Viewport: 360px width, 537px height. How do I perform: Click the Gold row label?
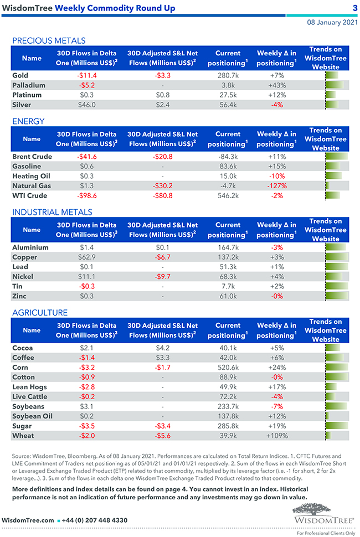[20, 75]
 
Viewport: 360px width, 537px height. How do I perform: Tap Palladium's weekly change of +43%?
[277, 85]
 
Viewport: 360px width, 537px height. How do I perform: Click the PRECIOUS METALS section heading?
[49, 40]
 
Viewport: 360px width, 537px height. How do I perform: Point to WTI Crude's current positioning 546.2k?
[228, 195]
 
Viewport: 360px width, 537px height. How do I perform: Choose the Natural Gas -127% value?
[277, 186]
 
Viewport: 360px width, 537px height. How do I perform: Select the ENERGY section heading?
[28, 121]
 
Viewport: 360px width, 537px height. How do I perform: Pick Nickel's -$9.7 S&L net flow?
[162, 276]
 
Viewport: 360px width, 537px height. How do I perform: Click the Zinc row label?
[19, 296]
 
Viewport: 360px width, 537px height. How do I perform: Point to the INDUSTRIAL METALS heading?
[52, 212]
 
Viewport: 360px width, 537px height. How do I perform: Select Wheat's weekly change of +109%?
[277, 436]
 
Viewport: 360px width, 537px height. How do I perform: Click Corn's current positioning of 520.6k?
[228, 368]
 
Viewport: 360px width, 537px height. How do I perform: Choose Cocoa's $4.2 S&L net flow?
[162, 348]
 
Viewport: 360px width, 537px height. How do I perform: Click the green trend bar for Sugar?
[336, 426]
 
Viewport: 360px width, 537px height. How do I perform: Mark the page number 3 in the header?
[354, 8]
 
